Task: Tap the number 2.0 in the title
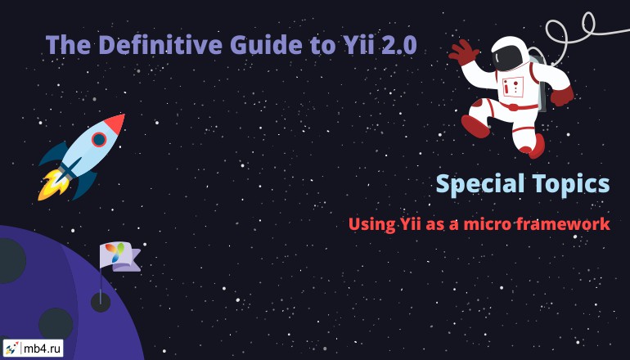point(398,45)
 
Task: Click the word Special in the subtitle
point(480,185)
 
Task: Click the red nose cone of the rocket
point(115,123)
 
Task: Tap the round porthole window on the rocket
point(98,140)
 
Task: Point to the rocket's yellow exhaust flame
point(52,185)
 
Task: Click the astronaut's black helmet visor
point(507,57)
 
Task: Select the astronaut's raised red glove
point(464,52)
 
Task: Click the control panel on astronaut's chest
point(513,87)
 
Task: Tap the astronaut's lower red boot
point(534,146)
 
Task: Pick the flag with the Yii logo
point(119,256)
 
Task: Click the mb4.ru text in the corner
point(43,349)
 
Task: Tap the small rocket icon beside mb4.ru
point(11,348)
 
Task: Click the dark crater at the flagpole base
point(101,302)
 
